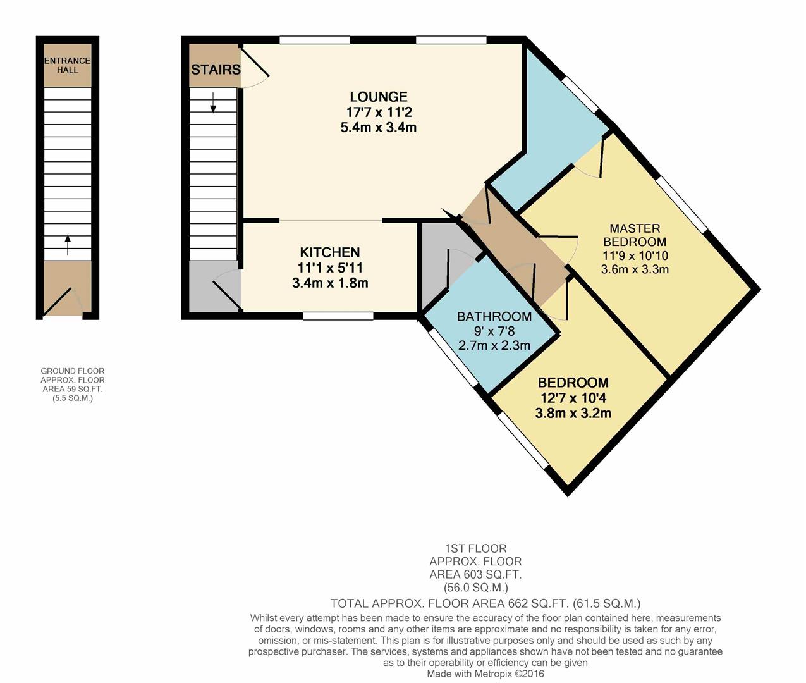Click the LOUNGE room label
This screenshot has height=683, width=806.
(378, 97)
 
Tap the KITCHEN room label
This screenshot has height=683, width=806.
(329, 252)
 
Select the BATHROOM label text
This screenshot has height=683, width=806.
(494, 317)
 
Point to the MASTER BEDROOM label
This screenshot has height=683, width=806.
(634, 235)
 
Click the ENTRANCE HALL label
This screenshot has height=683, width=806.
(67, 65)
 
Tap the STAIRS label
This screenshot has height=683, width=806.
(216, 70)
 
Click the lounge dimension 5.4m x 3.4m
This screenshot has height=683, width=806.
(378, 127)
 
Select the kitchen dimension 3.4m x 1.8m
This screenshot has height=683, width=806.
(329, 283)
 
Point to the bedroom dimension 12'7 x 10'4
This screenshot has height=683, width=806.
(573, 398)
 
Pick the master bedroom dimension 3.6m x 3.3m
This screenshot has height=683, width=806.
(634, 269)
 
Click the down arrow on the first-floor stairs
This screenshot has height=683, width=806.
(213, 102)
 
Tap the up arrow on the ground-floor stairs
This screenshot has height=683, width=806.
(68, 245)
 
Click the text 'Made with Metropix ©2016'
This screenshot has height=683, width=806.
(485, 674)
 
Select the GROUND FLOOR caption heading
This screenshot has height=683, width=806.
(73, 371)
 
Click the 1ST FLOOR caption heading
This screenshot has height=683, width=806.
(475, 548)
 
